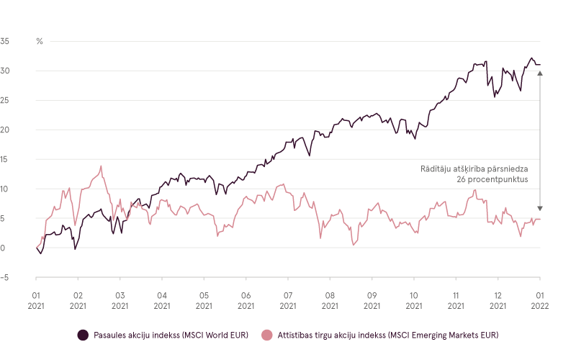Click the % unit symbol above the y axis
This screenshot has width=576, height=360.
coord(40,41)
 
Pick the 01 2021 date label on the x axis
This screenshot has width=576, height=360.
coord(36,300)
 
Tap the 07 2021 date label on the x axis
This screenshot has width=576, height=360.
coord(287,300)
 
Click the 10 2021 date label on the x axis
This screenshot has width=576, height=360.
coord(413,300)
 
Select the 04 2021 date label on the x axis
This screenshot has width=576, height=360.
coord(161,300)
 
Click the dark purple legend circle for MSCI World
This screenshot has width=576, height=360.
coord(83,335)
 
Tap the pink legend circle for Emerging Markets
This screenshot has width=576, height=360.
coord(267,335)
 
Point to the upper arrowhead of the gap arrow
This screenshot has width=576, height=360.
coord(540,73)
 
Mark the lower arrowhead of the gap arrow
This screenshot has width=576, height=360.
coord(540,207)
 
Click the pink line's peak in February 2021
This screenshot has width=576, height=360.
coord(101,166)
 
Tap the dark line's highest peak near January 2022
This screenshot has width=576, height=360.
coord(531,58)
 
